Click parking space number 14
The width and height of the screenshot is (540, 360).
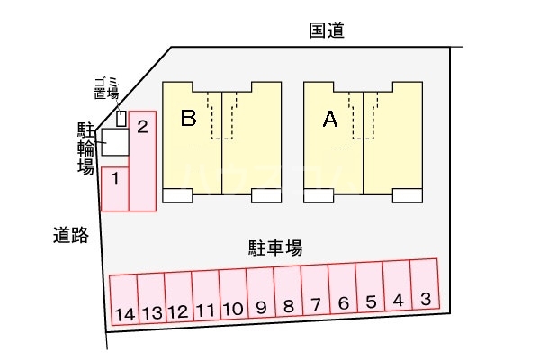(123, 297)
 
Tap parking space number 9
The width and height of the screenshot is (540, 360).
(260, 292)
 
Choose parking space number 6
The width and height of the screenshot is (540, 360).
(343, 290)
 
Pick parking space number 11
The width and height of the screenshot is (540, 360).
(205, 294)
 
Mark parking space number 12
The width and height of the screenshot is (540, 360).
(178, 295)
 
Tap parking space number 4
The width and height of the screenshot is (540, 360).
(398, 288)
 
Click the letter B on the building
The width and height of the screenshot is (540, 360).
(188, 119)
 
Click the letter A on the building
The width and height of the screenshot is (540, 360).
(329, 119)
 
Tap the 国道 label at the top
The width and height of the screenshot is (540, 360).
(327, 31)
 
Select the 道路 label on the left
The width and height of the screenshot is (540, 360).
(70, 236)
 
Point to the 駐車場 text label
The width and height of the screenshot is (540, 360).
(274, 246)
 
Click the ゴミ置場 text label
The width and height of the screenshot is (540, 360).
(106, 89)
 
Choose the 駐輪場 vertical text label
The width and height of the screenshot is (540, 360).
(85, 148)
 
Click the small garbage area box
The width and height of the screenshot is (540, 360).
(122, 118)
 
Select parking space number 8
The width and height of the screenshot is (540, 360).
(288, 292)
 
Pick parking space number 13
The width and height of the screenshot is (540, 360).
(151, 296)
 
